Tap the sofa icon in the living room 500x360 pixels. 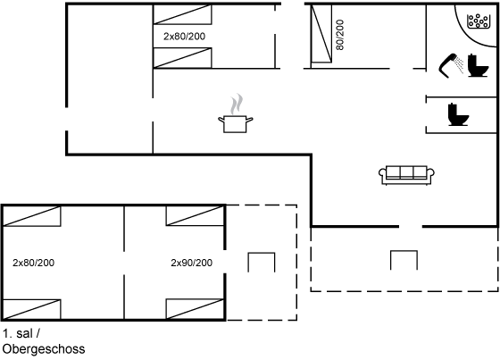pyautogui.click(x=406, y=175)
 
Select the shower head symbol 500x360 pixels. pyautogui.click(x=451, y=65)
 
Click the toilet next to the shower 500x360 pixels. pyautogui.click(x=478, y=66)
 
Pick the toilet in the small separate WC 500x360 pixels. pyautogui.click(x=458, y=114)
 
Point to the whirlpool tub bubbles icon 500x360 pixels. pyautogui.click(x=478, y=21)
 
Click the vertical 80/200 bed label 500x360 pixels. pyautogui.click(x=340, y=35)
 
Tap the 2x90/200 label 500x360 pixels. pyautogui.click(x=191, y=263)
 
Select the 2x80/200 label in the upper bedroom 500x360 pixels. pyautogui.click(x=184, y=37)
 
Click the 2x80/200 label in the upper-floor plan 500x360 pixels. pyautogui.click(x=34, y=263)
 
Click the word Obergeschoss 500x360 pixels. pyautogui.click(x=44, y=348)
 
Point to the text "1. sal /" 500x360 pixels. pyautogui.click(x=21, y=333)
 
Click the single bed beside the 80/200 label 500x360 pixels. pyautogui.click(x=321, y=33)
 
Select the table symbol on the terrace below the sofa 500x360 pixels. pyautogui.click(x=404, y=260)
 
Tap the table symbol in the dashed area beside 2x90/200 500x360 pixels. pyautogui.click(x=262, y=263)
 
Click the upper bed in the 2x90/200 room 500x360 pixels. pyautogui.click(x=196, y=216)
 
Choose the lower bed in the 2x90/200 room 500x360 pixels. pyautogui.click(x=196, y=309)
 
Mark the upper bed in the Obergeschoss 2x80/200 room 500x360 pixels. pyautogui.click(x=31, y=216)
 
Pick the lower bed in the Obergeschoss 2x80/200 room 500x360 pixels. pyautogui.click(x=31, y=309)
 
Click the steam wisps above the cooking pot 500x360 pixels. pyautogui.click(x=237, y=104)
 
